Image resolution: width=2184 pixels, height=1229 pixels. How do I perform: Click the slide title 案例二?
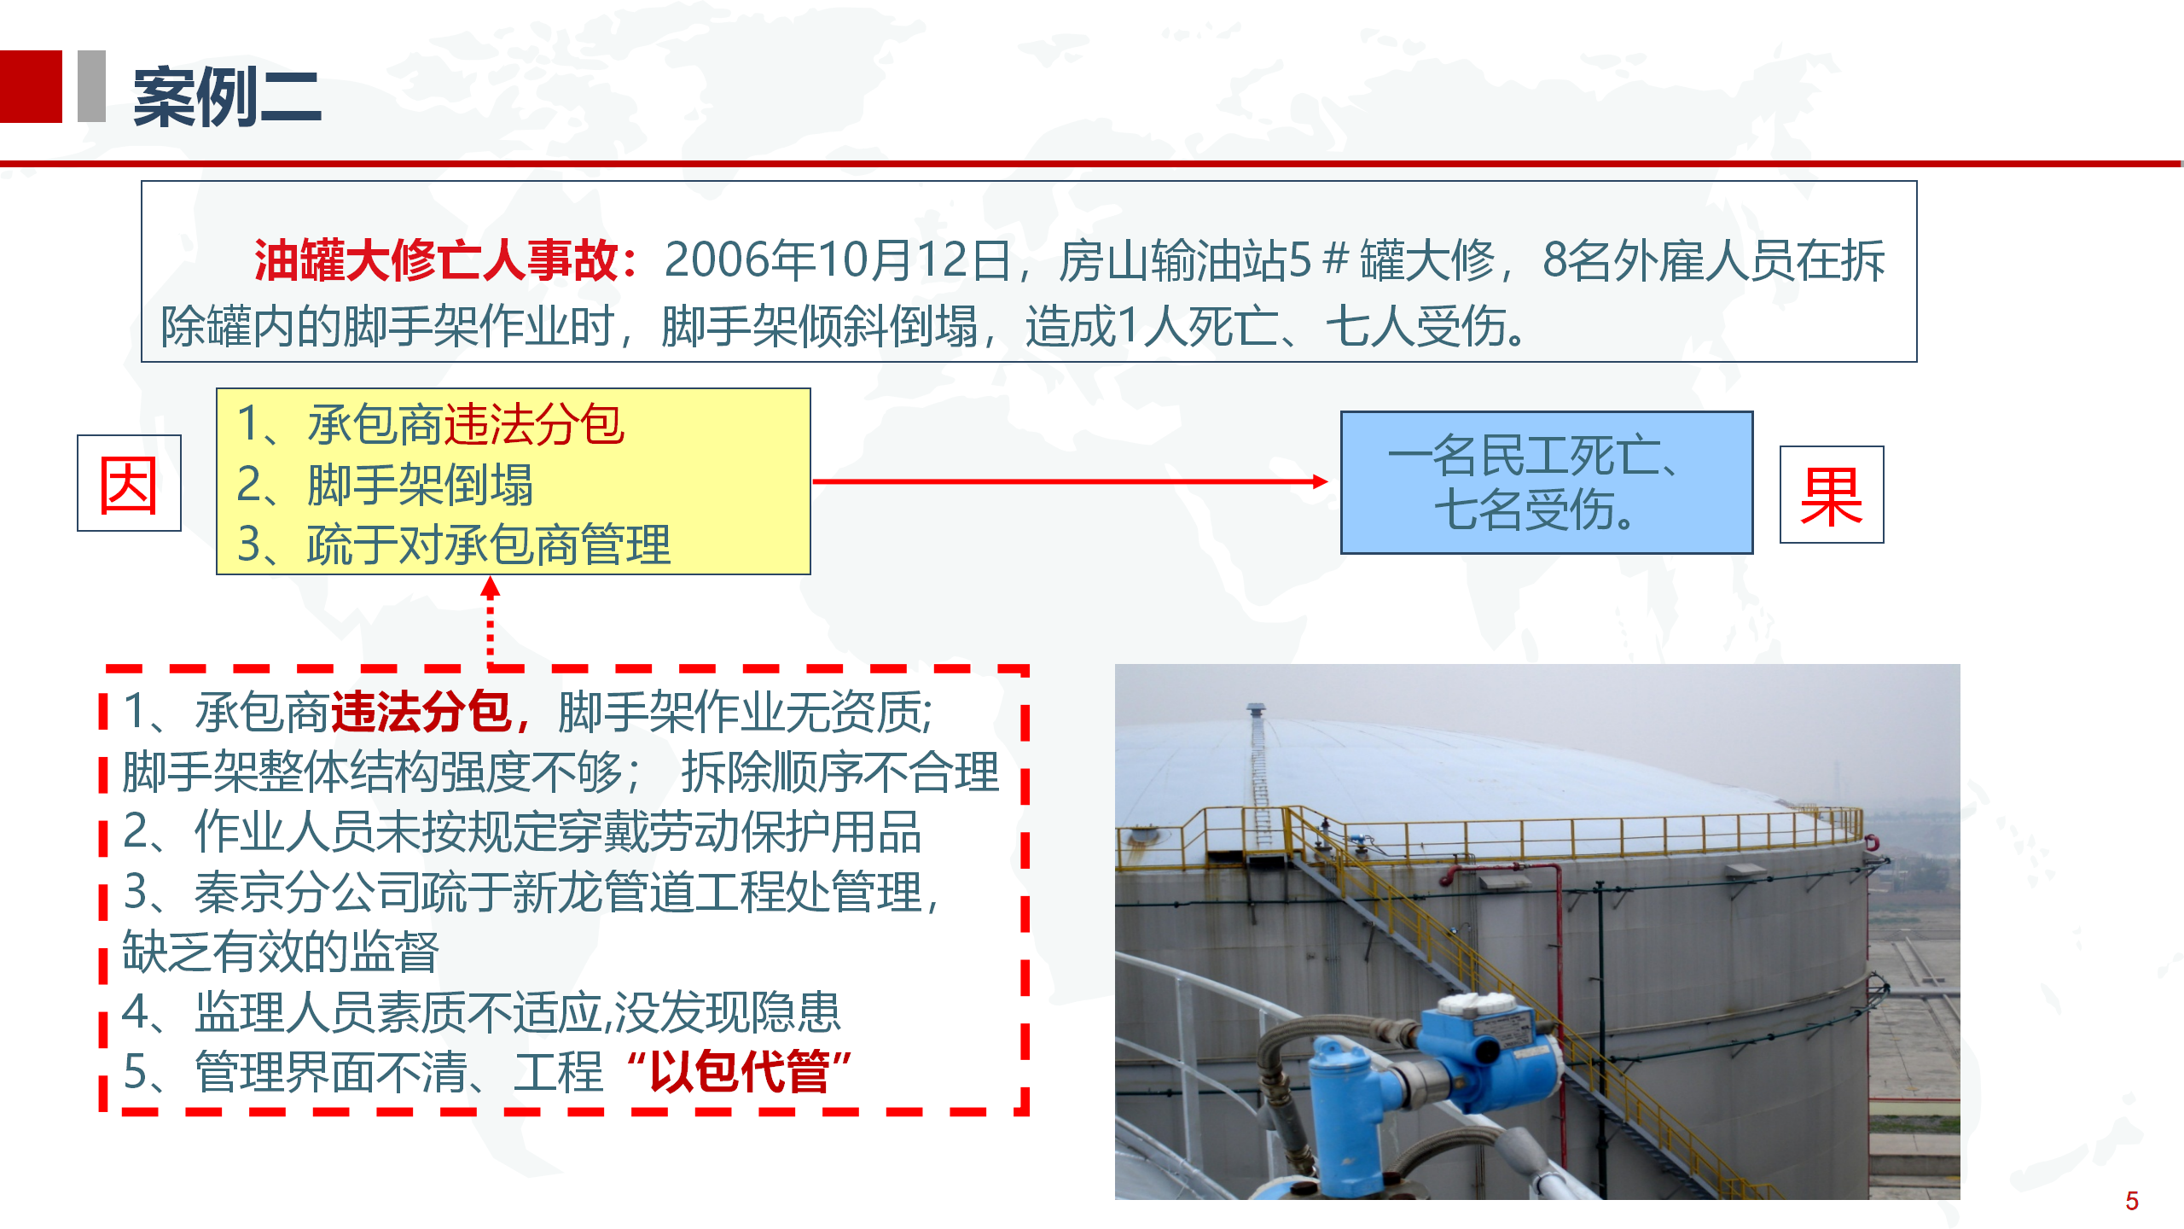pos(227,97)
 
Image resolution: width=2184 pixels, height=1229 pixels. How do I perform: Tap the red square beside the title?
pos(31,86)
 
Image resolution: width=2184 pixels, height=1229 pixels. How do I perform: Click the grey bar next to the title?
pos(91,86)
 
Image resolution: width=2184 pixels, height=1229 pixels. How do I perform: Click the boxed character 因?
pos(129,484)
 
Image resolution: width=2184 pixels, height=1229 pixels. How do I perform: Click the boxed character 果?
pos(1832,495)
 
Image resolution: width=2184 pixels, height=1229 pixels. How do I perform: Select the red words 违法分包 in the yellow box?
pos(534,424)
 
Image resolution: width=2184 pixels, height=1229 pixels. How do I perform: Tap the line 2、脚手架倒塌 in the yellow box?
pos(385,485)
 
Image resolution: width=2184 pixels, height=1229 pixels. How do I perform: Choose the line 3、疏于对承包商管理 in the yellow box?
pos(454,545)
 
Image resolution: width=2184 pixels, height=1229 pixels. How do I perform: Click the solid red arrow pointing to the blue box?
pos(1071,481)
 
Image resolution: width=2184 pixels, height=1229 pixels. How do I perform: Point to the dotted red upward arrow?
pos(490,621)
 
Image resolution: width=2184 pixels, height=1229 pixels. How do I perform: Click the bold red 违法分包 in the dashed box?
pos(421,712)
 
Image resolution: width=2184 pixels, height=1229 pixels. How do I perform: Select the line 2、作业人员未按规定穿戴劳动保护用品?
pos(522,832)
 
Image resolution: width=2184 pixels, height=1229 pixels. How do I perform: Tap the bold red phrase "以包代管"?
pos(739,1072)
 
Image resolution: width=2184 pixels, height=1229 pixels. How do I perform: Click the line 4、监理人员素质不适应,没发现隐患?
pos(482,1012)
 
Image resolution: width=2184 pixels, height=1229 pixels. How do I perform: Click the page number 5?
pos(2132,1202)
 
